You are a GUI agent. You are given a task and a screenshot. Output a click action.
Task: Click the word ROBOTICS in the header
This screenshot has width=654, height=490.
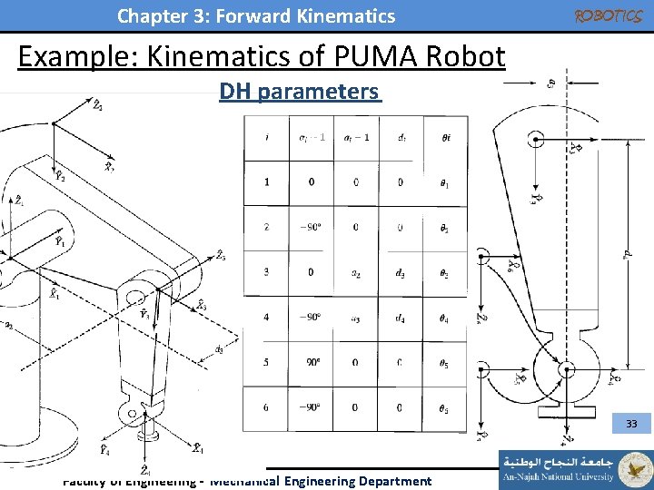(609, 15)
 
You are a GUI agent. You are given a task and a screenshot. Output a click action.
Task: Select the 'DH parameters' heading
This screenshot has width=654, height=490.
(299, 92)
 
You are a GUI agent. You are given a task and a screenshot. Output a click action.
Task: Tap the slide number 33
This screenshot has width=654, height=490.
(631, 424)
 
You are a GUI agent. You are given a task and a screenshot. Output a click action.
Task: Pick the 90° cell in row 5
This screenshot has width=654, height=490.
(312, 363)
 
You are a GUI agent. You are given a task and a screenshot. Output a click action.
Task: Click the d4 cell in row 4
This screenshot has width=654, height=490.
(401, 318)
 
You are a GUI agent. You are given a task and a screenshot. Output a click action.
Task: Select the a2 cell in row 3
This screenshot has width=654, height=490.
(355, 273)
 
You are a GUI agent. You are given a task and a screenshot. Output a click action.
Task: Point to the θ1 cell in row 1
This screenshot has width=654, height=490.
(444, 183)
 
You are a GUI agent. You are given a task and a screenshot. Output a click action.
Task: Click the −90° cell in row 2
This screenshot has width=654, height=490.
(312, 227)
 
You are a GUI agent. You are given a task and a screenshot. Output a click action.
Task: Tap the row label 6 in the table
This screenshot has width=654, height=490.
(266, 407)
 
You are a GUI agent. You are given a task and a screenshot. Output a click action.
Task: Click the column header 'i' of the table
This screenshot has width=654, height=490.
(266, 138)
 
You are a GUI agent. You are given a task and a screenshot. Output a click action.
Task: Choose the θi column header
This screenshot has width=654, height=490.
(444, 138)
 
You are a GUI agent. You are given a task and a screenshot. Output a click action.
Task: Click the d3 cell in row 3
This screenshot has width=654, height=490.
(401, 273)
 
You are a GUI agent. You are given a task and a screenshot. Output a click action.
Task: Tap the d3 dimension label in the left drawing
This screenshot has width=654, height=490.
(219, 348)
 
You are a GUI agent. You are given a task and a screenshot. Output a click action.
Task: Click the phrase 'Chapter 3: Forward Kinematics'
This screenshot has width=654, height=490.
(256, 16)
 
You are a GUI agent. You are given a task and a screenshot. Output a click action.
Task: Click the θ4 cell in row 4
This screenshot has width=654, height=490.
(444, 318)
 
